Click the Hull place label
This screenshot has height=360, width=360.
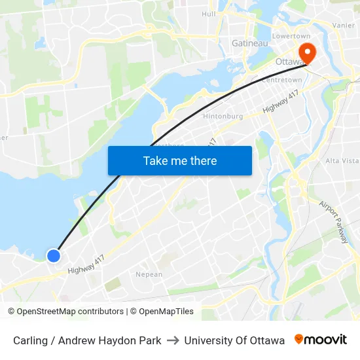pyautogui.click(x=209, y=14)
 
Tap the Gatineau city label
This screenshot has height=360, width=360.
pyautogui.click(x=249, y=43)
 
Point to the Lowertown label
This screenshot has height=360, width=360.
pyautogui.click(x=290, y=35)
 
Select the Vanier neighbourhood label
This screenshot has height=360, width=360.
pyautogui.click(x=343, y=25)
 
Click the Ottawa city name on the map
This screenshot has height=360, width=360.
pyautogui.click(x=288, y=62)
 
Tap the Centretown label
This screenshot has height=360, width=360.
pyautogui.click(x=281, y=80)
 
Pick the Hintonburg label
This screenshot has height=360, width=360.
pyautogui.click(x=225, y=116)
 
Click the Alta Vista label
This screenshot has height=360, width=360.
pyautogui.click(x=342, y=160)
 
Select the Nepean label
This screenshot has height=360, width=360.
pyautogui.click(x=149, y=274)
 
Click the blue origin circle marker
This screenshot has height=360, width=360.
pyautogui.click(x=54, y=255)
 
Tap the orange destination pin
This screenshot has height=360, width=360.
pyautogui.click(x=306, y=54)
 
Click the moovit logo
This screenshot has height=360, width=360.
pyautogui.click(x=320, y=340)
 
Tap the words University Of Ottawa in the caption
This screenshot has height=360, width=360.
pyautogui.click(x=234, y=340)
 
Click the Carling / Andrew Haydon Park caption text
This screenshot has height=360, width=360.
pyautogui.click(x=87, y=340)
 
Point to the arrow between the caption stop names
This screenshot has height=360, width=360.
pyautogui.click(x=173, y=340)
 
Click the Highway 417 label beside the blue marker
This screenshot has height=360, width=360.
pyautogui.click(x=86, y=264)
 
